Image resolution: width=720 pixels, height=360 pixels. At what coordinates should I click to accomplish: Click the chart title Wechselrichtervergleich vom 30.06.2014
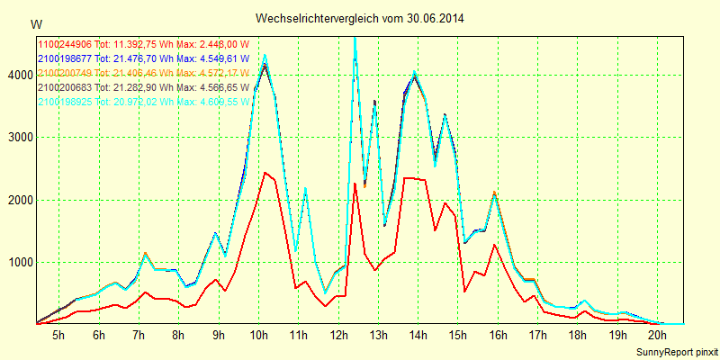pos(360,18)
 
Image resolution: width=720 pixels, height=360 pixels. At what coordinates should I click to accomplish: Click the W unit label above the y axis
pos(35,23)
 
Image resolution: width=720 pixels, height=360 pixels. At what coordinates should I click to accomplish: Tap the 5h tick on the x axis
pos(58,335)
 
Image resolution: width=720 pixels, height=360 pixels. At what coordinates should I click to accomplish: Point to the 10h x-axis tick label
pos(258,335)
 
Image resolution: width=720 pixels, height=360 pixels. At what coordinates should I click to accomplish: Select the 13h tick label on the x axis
pos(378,335)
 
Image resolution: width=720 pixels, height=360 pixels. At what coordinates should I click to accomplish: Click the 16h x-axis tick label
pos(498,335)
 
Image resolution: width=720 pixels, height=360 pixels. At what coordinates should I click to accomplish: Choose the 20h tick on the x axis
pos(657,335)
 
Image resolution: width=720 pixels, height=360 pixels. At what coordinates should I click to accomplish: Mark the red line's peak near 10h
pos(265,173)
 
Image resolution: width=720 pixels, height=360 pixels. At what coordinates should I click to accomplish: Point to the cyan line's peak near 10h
pos(265,55)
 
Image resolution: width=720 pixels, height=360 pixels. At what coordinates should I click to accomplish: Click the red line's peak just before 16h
pos(494,245)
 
